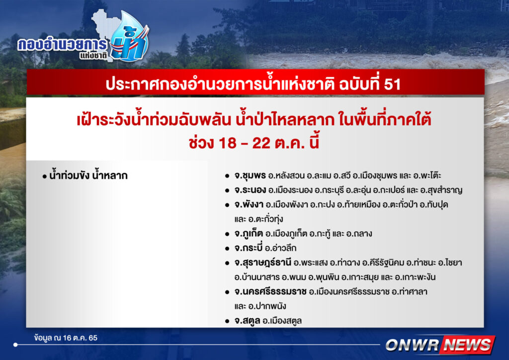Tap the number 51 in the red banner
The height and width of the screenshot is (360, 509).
pyautogui.click(x=392, y=84)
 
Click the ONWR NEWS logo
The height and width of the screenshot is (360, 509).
pyautogui.click(x=440, y=345)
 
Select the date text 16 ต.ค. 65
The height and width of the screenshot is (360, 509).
pyautogui.click(x=80, y=338)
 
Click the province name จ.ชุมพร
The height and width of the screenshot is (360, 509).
pyautogui.click(x=250, y=176)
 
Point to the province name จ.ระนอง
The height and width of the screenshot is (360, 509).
pyautogui.click(x=251, y=190)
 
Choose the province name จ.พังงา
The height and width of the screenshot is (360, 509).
pyautogui.click(x=249, y=204)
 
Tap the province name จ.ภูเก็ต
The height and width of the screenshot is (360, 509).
pyautogui.click(x=249, y=233)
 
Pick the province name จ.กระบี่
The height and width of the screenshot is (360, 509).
pyautogui.click(x=248, y=248)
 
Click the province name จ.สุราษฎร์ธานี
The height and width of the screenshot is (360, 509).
pyautogui.click(x=262, y=262)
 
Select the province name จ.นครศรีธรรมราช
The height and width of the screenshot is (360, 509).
pyautogui.click(x=270, y=291)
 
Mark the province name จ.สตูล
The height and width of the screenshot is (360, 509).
pyautogui.click(x=247, y=321)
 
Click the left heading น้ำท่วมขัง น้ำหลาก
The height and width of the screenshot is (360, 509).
pyautogui.click(x=88, y=176)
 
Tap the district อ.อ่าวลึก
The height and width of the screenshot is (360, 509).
pyautogui.click(x=280, y=248)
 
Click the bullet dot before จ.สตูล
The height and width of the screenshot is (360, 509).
pyautogui.click(x=227, y=321)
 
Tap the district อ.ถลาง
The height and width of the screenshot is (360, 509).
pyautogui.click(x=359, y=234)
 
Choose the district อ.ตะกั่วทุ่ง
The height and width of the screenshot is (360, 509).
pyautogui.click(x=265, y=219)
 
